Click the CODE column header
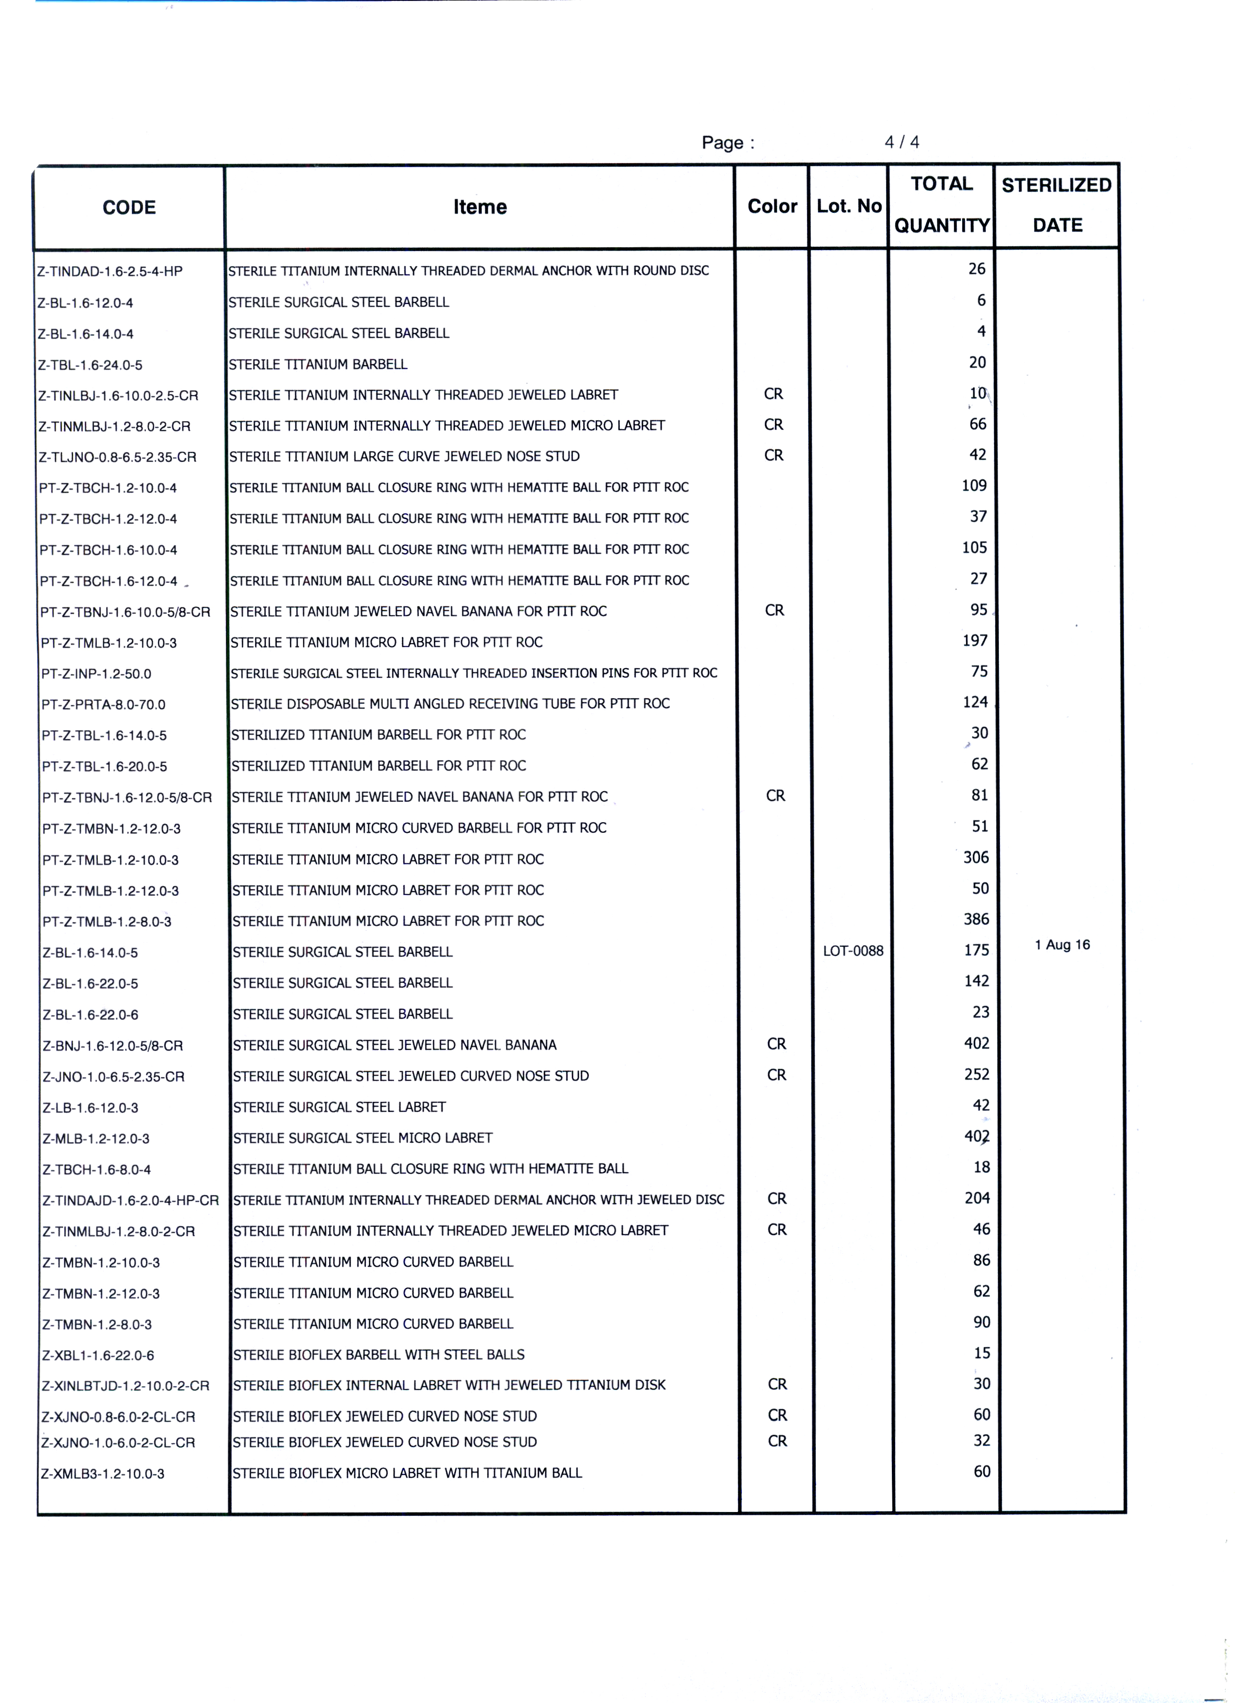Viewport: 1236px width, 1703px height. (x=129, y=208)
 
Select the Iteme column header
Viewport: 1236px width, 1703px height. (x=480, y=207)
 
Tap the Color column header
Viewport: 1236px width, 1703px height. (x=772, y=207)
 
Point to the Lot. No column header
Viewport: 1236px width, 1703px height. (x=849, y=207)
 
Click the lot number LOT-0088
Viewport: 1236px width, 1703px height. (x=853, y=951)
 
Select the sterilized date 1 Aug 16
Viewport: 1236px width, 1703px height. (x=1062, y=945)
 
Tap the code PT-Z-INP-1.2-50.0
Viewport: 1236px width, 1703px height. (x=96, y=673)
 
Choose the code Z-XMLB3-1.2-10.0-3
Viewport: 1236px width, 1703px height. (x=103, y=1473)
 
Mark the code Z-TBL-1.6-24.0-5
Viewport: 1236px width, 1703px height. (x=90, y=365)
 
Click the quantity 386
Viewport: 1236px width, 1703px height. (x=976, y=919)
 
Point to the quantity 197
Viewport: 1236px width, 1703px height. (x=975, y=640)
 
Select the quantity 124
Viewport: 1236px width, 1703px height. (x=975, y=702)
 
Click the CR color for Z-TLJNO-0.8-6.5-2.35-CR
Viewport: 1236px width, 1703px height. (x=774, y=456)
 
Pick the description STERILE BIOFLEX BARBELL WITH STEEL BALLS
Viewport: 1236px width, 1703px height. (x=379, y=1354)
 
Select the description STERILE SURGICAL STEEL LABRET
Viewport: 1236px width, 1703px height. (x=339, y=1107)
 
